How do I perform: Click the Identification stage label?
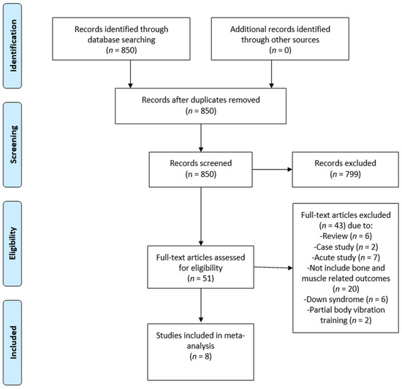(12, 46)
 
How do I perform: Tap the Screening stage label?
(12, 145)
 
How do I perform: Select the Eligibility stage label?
(12, 243)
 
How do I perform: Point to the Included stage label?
(12, 343)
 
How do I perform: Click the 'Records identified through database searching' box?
(121, 39)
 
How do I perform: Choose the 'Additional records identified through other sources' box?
(280, 39)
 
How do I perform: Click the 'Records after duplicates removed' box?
(201, 106)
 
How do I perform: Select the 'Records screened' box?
(201, 170)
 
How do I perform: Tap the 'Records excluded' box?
(345, 170)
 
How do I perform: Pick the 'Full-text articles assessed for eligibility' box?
(201, 267)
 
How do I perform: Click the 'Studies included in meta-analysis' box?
(201, 352)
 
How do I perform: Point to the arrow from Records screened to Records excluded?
(273, 170)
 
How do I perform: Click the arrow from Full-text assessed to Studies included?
(201, 306)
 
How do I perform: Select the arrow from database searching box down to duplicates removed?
(130, 75)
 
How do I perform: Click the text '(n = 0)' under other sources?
(280, 50)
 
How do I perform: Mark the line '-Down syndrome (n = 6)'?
(346, 299)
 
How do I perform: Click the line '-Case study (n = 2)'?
(346, 247)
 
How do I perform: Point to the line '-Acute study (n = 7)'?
(346, 257)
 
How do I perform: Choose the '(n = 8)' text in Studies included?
(201, 356)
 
